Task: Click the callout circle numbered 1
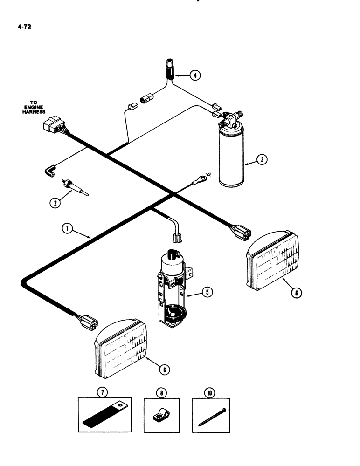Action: tap(68, 228)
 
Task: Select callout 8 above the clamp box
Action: tap(161, 392)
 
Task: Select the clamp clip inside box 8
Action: tap(160, 414)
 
